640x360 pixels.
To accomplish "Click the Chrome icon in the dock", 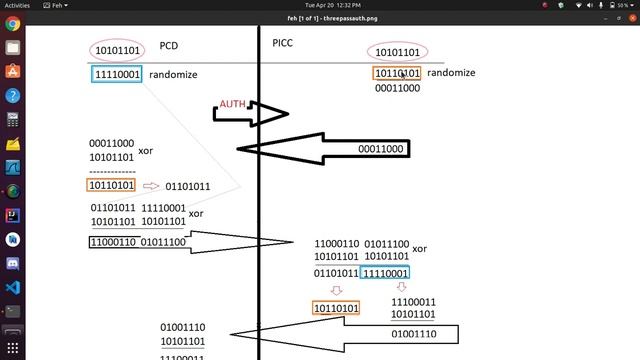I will tap(13, 24).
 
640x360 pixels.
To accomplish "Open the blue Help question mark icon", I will tap(13, 96).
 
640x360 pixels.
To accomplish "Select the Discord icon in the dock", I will tap(13, 263).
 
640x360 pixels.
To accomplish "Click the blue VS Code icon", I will tap(13, 287).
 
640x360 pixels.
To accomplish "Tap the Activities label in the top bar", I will tap(17, 5).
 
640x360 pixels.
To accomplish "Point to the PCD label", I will tap(168, 46).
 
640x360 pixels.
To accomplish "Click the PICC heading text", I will tap(284, 42).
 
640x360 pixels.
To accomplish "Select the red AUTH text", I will tap(233, 104).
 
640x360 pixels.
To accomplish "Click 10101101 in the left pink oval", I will tap(116, 50).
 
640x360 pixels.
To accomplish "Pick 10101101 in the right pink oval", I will tap(397, 52).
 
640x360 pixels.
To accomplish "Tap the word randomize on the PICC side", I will tap(451, 73).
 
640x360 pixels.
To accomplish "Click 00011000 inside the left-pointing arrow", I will tap(381, 149).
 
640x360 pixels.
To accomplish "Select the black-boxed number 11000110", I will tap(113, 241).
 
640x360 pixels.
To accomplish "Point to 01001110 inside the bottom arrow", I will tap(414, 334).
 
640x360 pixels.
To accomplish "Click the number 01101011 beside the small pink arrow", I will tap(188, 186).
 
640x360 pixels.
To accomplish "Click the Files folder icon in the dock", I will tap(13, 47).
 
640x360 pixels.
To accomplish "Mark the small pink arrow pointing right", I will tap(151, 186).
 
